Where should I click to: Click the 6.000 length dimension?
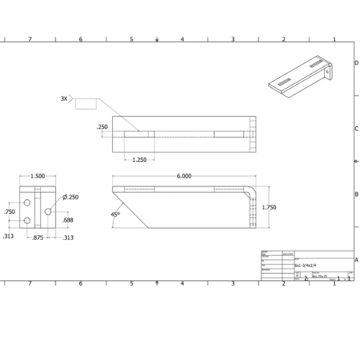pos(184,176)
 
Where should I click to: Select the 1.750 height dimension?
pos(269,207)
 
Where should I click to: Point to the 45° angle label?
pos(115,214)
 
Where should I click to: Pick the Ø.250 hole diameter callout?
pos(70,197)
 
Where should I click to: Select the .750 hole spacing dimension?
pos(9,212)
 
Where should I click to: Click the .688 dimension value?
pos(67,220)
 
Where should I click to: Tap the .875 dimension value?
pos(38,237)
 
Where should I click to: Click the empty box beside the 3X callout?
pos(85,102)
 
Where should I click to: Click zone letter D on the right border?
pos(356,63)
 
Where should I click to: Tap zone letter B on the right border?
pos(356,194)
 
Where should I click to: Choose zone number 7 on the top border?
pos(30,40)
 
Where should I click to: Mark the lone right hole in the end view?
pos(48,212)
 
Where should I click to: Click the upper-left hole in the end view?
pos(27,202)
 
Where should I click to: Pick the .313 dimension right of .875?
pos(68,237)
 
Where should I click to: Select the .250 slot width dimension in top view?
pos(102,127)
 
